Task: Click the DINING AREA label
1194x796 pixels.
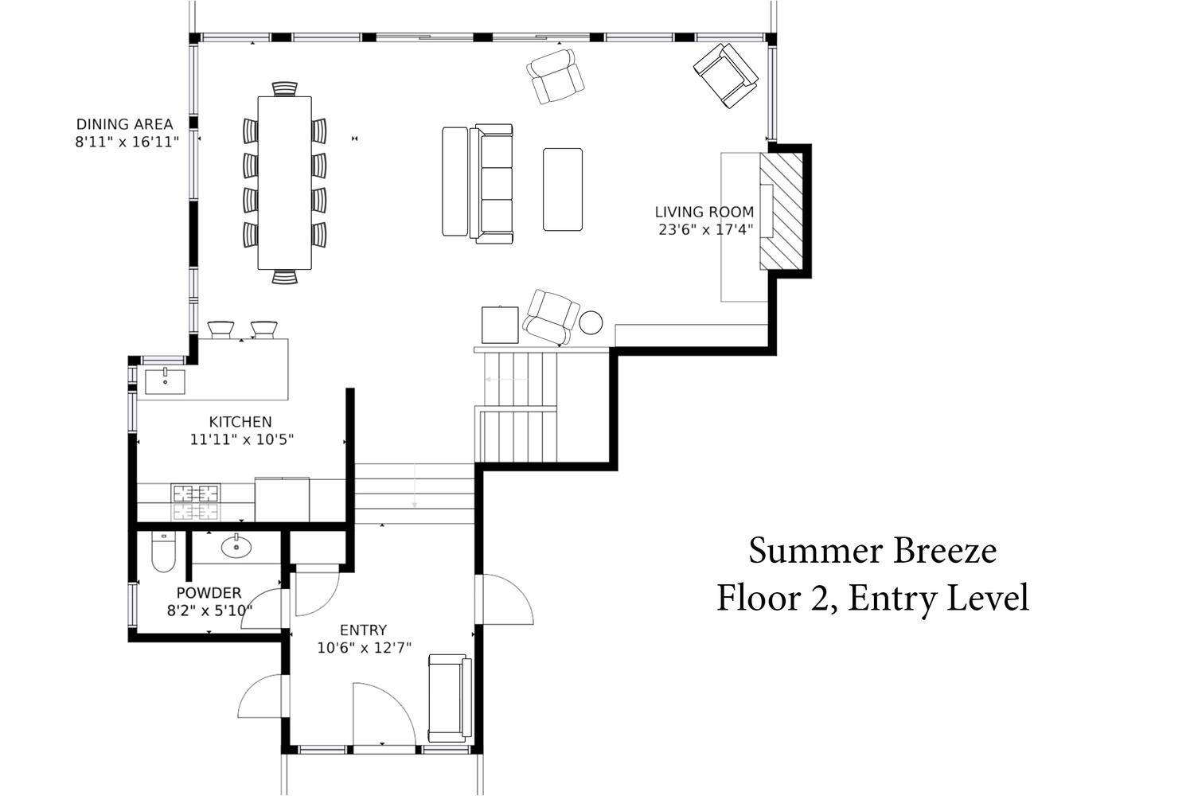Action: click(x=125, y=124)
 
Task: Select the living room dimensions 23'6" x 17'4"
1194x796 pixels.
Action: click(x=706, y=230)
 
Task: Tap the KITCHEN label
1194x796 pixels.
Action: click(x=240, y=422)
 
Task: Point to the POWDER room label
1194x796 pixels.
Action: click(x=209, y=592)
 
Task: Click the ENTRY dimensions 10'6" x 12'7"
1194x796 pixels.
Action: click(x=365, y=648)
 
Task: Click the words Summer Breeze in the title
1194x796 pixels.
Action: click(x=872, y=551)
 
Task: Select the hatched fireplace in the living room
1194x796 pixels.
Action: click(x=781, y=211)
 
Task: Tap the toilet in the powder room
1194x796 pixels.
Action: click(x=163, y=552)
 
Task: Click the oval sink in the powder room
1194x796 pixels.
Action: click(x=236, y=547)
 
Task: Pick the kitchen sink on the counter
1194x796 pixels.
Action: click(x=166, y=381)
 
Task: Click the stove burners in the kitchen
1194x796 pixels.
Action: click(x=195, y=502)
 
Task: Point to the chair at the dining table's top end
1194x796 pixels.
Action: click(x=285, y=88)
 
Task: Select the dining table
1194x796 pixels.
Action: click(x=285, y=183)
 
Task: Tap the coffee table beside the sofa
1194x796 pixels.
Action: click(x=563, y=189)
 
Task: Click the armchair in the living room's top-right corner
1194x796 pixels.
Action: click(x=726, y=75)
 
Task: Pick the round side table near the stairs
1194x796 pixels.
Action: click(x=591, y=322)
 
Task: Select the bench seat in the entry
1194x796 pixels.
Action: click(x=451, y=698)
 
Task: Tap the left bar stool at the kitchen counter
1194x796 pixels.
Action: click(x=220, y=330)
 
